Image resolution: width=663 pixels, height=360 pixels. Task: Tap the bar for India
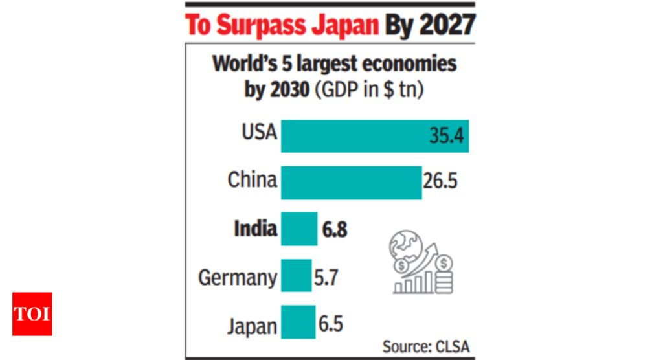coord(298,229)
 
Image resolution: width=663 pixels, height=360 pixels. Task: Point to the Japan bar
coord(298,322)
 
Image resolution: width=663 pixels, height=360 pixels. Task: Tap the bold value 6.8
coord(334,229)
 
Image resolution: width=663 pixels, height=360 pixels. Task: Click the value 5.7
coord(326,277)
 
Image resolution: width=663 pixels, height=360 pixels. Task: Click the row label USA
coord(259,133)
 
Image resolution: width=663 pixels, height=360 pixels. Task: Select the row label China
coord(252,180)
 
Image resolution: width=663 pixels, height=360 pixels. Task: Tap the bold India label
coord(256,229)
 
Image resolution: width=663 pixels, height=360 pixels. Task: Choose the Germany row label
coord(238,278)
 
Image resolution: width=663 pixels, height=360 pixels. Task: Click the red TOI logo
coord(32,314)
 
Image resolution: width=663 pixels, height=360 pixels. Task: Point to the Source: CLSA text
coord(425,346)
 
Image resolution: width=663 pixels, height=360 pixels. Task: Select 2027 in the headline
coord(447,26)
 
